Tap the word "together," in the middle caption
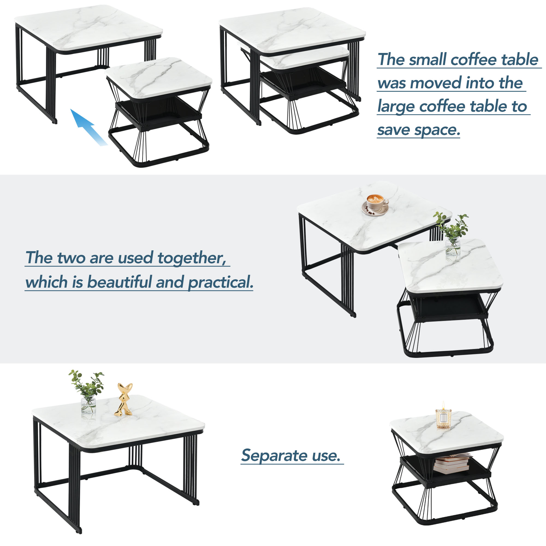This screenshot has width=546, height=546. click(192, 258)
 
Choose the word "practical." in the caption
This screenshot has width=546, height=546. click(221, 282)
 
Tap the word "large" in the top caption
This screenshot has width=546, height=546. click(397, 107)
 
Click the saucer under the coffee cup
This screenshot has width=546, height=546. click(375, 210)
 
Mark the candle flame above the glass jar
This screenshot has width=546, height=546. click(443, 405)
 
